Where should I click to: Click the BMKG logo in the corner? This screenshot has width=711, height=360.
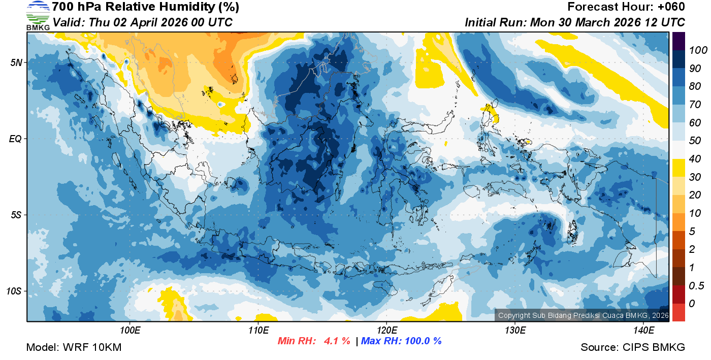coord(38,15)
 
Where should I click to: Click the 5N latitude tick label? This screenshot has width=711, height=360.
coord(16,62)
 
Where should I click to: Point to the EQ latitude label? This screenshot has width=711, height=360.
coord(15,139)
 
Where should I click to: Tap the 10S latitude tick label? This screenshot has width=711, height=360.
coord(14,291)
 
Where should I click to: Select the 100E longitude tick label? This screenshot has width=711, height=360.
coord(130,331)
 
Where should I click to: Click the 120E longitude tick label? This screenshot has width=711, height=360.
coord(386,331)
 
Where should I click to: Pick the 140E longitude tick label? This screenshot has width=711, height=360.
coord(643,331)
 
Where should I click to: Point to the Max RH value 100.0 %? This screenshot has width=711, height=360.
coord(421,341)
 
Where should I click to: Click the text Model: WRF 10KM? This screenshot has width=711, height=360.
coord(74,347)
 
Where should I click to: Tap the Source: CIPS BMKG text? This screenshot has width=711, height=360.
coord(633,347)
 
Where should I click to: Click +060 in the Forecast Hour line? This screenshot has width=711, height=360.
coord(671,7)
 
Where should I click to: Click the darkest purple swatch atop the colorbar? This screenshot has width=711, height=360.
coord(678,41)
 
